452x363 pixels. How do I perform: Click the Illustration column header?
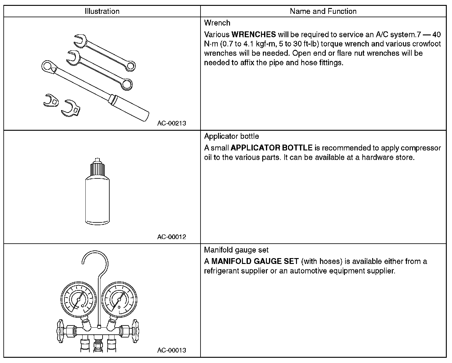click(x=102, y=11)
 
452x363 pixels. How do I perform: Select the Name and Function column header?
click(x=323, y=11)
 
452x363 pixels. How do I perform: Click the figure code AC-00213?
click(x=172, y=123)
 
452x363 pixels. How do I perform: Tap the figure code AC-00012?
click(x=172, y=237)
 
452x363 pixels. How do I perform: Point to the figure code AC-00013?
click(x=172, y=350)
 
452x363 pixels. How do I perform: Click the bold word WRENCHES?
click(x=254, y=34)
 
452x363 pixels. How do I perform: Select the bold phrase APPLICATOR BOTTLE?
click(x=271, y=148)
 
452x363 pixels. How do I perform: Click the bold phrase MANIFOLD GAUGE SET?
click(x=255, y=261)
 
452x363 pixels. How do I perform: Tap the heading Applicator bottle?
click(x=232, y=136)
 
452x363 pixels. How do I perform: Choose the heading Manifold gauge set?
click(x=236, y=250)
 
